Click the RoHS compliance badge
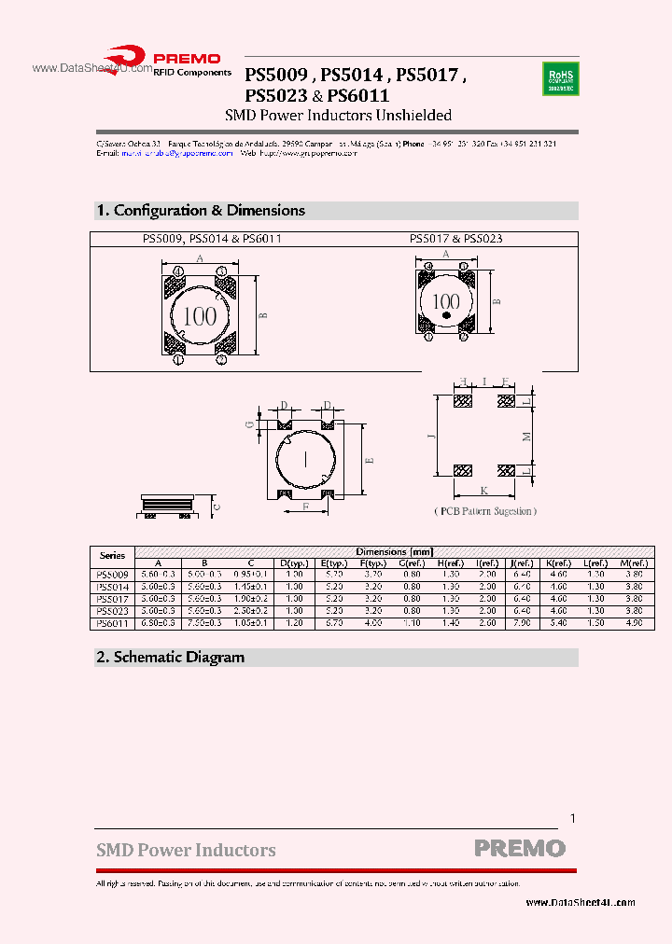[560, 79]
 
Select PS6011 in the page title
[358, 95]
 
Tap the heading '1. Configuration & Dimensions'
[201, 211]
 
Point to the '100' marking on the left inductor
[199, 315]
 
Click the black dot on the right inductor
[446, 317]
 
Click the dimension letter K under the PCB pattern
[483, 490]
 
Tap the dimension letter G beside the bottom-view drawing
[249, 424]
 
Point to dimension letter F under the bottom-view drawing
[306, 507]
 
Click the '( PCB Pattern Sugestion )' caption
[484, 511]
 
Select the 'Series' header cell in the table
[112, 556]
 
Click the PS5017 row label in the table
[112, 598]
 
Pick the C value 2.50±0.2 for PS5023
[251, 610]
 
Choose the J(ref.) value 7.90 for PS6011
[520, 622]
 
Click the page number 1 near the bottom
[572, 818]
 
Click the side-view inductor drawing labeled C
[169, 506]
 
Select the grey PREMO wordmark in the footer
[520, 849]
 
